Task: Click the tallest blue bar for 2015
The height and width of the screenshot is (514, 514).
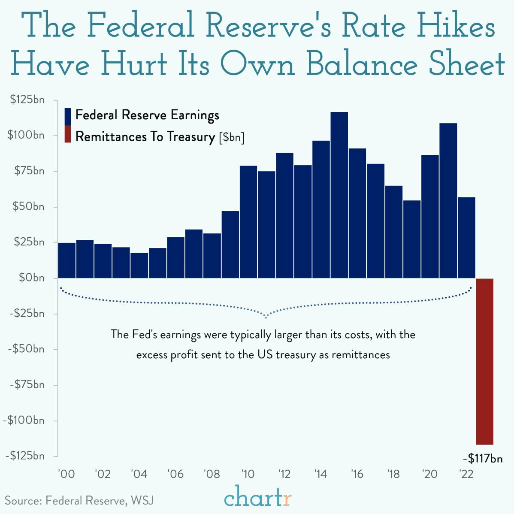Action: pos(339,195)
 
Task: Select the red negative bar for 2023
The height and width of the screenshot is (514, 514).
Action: pos(485,361)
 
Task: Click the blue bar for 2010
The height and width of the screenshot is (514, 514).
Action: pos(248,222)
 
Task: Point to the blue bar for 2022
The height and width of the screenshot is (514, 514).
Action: pos(466,237)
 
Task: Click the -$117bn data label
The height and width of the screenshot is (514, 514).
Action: pos(483,459)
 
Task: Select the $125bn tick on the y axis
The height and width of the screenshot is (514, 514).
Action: pos(27,100)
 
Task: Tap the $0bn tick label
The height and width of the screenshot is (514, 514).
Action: pos(31,278)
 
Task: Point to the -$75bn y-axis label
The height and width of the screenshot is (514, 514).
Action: pos(27,384)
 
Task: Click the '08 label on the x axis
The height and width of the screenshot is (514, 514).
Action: pos(212,475)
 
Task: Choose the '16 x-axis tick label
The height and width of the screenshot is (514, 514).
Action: pos(357,475)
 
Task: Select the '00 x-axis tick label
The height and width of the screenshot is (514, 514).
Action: pos(67,475)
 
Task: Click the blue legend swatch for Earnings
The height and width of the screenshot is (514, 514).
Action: pos(67,116)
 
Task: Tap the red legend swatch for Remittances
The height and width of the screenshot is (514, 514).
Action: pos(67,134)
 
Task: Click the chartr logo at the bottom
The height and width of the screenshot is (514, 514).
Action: pos(258,498)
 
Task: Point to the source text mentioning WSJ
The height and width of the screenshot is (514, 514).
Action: pos(79,501)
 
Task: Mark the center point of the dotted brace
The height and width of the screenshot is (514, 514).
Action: pos(266,317)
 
